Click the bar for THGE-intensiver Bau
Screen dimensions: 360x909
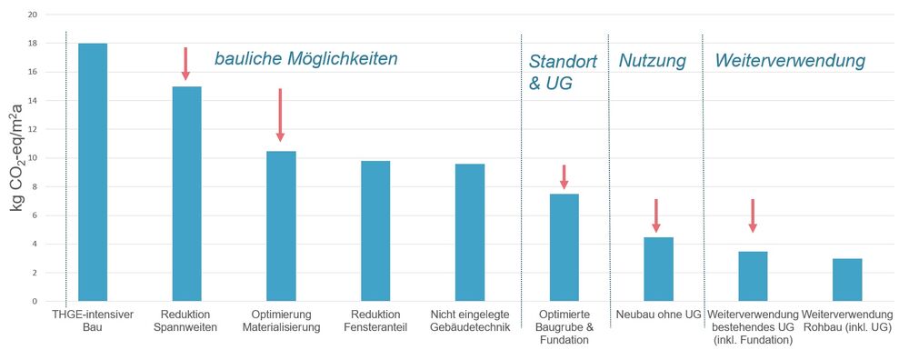click(x=93, y=172)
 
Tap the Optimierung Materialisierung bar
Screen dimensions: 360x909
click(x=281, y=225)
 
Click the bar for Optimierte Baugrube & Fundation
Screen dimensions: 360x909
click(x=564, y=247)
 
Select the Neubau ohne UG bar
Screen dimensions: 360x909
click(x=658, y=269)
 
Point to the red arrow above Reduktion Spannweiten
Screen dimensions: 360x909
click(x=185, y=64)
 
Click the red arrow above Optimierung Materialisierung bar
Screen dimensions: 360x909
click(x=280, y=115)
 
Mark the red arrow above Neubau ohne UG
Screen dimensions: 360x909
click(x=656, y=215)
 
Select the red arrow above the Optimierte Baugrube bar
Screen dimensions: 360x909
click(x=564, y=176)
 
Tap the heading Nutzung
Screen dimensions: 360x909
click(x=653, y=61)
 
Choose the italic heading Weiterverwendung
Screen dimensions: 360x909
click(x=790, y=61)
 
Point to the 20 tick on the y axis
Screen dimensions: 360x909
click(x=34, y=15)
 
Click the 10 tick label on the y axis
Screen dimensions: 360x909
click(x=34, y=158)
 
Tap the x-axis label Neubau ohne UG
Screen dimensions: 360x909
click(x=658, y=315)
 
